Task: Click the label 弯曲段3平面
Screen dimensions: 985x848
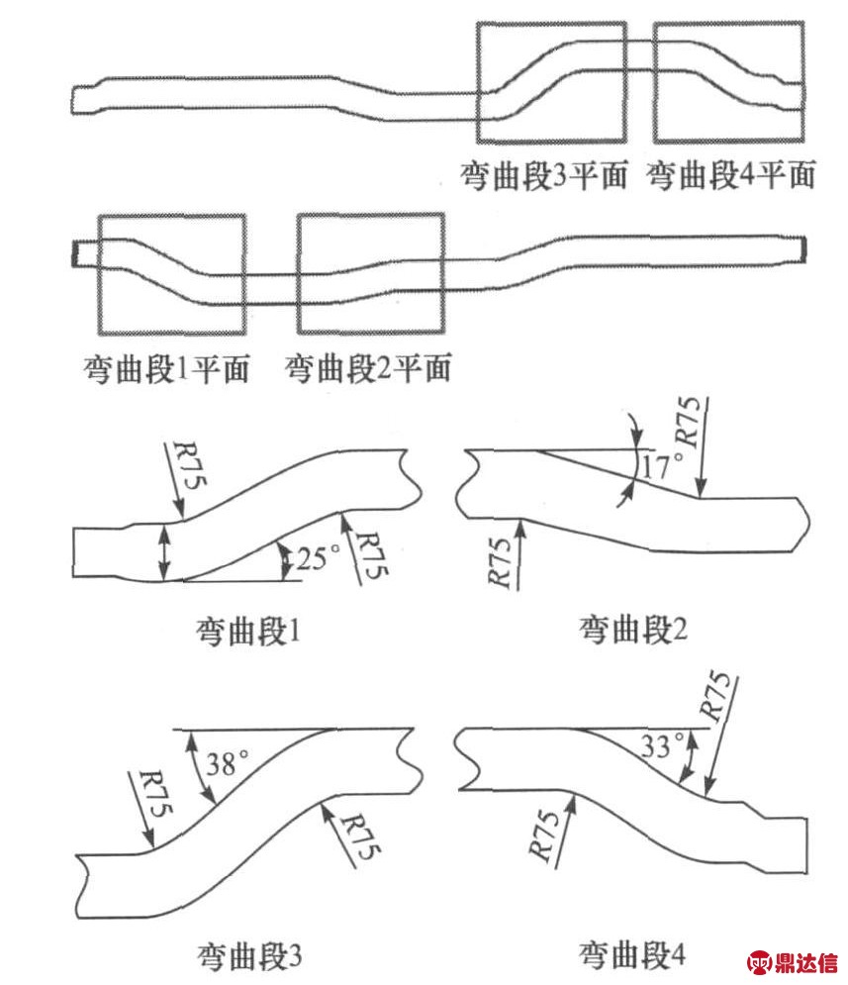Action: [x=544, y=176]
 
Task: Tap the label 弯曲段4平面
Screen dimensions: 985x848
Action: [x=731, y=176]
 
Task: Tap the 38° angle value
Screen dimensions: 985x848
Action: [x=229, y=763]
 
